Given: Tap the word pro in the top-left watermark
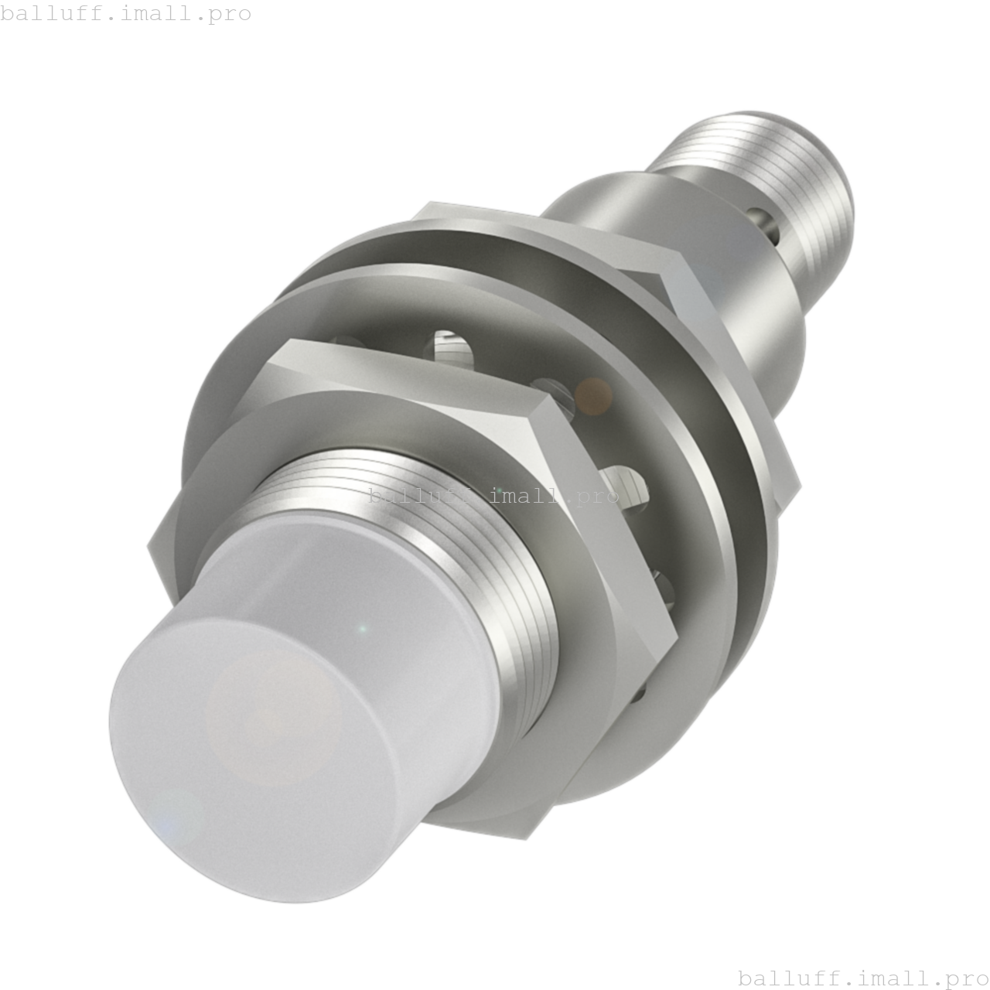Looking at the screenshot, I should coord(229,14).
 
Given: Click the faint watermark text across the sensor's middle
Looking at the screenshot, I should coord(493,496).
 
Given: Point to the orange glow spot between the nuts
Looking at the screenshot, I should coord(594,396).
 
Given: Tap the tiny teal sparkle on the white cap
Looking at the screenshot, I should coord(362,629).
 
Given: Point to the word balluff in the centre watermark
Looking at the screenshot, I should coord(414,496).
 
